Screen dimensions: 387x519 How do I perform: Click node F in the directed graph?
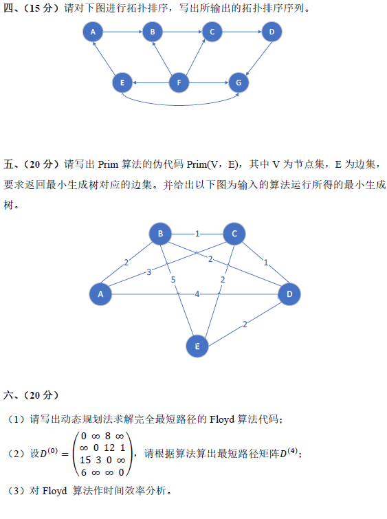pos(179,82)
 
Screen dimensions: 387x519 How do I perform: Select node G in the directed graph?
pos(239,82)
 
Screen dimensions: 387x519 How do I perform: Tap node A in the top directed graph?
pos(93,32)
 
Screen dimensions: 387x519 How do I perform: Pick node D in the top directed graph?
pos(272,32)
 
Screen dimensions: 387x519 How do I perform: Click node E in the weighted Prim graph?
pos(197,346)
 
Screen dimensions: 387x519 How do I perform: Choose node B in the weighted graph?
pos(160,234)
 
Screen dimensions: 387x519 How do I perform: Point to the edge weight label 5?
pos(173,280)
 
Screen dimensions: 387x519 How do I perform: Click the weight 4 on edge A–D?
pos(197,294)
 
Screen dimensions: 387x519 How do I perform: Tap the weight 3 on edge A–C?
pos(149,272)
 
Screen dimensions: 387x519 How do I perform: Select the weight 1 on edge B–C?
pos(197,234)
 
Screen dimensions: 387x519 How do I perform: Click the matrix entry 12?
pos(109,448)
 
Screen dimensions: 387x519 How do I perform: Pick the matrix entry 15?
pos(85,460)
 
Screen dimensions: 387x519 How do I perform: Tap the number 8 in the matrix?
pos(108,436)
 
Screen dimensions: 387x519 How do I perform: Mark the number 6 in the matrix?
pos(83,472)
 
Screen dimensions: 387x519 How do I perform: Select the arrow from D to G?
pos(258,58)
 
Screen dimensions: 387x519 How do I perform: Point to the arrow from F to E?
pos(151,82)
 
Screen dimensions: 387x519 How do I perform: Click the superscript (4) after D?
pos(292,450)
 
